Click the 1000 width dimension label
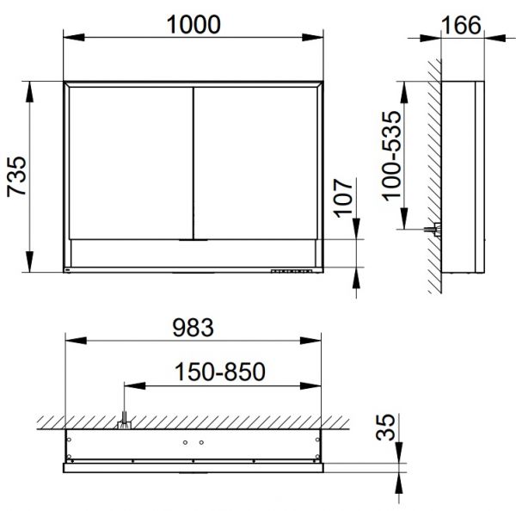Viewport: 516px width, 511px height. (x=193, y=25)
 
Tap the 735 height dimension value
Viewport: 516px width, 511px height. (x=16, y=177)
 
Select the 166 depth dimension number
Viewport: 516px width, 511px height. (x=461, y=25)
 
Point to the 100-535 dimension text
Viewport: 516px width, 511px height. (x=391, y=156)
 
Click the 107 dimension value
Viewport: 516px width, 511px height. (x=343, y=198)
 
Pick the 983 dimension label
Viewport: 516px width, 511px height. (x=193, y=328)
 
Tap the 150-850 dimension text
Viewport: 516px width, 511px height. (x=220, y=372)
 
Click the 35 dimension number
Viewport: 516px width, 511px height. (x=385, y=427)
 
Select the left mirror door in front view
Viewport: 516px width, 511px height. (x=131, y=163)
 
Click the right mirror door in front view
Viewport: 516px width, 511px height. (x=255, y=163)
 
